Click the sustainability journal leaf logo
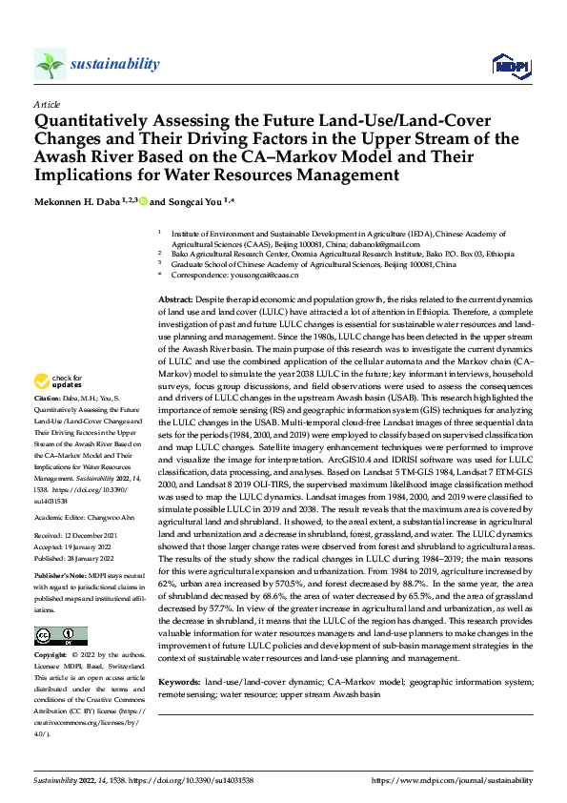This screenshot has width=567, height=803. click(x=50, y=64)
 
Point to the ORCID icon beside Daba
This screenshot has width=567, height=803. click(x=144, y=201)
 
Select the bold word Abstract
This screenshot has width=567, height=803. click(x=176, y=300)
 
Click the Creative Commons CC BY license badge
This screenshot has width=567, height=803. click(x=60, y=635)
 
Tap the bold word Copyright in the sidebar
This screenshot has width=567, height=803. click(x=51, y=656)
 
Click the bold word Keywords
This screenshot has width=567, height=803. click(x=178, y=683)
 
